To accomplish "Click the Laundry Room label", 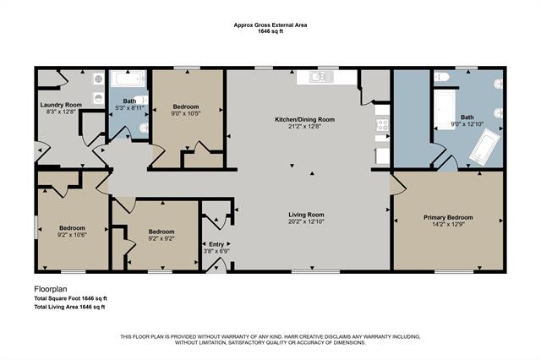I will click(61, 106).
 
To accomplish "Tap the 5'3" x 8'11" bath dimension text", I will click(129, 107).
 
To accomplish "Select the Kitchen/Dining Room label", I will click(304, 120).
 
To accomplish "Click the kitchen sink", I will click(320, 77).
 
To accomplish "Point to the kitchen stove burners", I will click(382, 126).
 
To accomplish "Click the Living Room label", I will click(305, 215).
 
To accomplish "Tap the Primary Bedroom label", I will click(448, 218).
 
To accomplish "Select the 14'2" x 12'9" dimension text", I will click(448, 226).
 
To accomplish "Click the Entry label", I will click(213, 243).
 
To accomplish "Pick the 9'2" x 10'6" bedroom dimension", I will click(72, 236).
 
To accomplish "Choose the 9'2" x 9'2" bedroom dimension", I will click(161, 239).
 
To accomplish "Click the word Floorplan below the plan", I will click(52, 289).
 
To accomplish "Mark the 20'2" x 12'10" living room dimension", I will click(305, 222).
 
